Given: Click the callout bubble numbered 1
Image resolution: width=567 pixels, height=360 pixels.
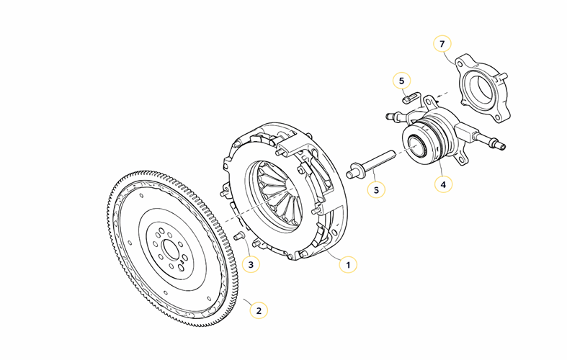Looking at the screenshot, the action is (x=348, y=264).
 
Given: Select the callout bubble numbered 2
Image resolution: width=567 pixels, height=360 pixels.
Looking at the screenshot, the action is (x=259, y=310).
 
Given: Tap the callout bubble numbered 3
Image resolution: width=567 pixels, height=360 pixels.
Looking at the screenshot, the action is (x=251, y=264).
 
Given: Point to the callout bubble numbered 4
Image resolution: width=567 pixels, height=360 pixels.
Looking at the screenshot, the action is (x=443, y=184).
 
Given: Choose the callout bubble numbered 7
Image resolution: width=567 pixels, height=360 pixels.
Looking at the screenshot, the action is (x=442, y=44).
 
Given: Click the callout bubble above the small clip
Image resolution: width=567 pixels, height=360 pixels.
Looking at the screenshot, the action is (x=402, y=81).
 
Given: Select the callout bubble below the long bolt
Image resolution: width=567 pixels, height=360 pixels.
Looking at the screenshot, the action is (x=376, y=190).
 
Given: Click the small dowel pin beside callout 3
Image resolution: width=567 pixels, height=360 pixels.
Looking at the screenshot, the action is (x=239, y=236).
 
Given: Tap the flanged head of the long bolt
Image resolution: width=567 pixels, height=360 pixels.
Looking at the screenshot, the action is (x=353, y=171).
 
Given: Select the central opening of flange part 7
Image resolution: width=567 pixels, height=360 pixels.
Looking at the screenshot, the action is (x=483, y=89).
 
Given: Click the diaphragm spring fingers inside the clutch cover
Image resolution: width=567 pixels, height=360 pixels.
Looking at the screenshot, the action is (x=279, y=194).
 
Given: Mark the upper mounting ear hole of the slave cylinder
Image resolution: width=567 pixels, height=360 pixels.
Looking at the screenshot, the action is (x=430, y=101).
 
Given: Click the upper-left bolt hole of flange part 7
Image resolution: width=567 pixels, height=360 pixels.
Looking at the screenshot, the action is (x=460, y=64).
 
